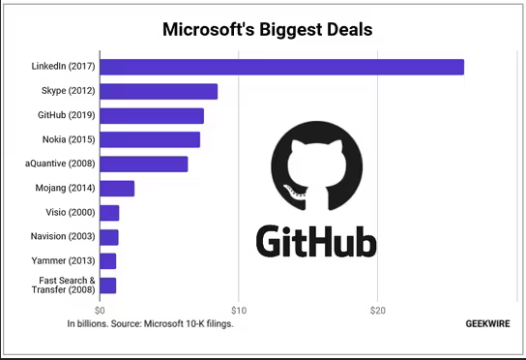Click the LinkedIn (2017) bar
[x=281, y=67]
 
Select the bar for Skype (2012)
[x=159, y=91]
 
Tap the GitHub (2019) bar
[x=152, y=116]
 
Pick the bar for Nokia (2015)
[x=150, y=139]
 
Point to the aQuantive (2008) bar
[x=144, y=164]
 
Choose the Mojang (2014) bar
[x=117, y=189]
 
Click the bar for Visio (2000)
[x=109, y=213]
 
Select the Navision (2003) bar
[x=109, y=237]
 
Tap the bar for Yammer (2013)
[x=108, y=261]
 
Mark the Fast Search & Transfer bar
[x=108, y=285]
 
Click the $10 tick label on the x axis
[x=239, y=311]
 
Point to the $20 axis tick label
[x=378, y=311]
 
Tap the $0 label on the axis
[x=100, y=311]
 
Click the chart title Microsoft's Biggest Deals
[x=268, y=29]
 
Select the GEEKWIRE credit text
[x=487, y=324]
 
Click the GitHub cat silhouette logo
[x=317, y=166]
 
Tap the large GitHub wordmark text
[x=316, y=241]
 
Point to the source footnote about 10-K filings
[x=150, y=324]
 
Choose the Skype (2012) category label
[x=68, y=91]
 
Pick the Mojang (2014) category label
[x=65, y=188]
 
